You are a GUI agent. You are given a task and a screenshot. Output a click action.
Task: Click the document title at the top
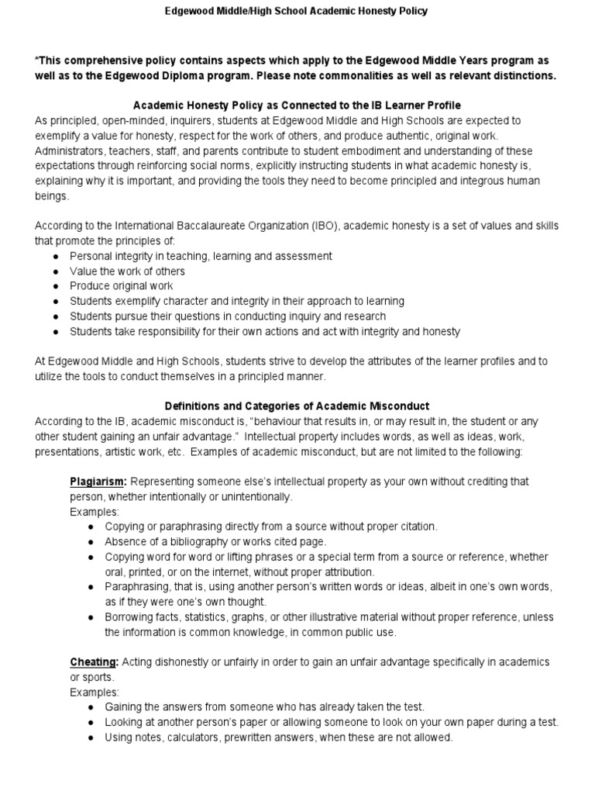click(x=297, y=12)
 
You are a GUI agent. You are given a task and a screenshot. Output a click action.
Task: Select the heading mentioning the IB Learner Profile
click(x=297, y=105)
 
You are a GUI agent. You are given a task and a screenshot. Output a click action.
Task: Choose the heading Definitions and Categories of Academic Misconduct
click(x=297, y=406)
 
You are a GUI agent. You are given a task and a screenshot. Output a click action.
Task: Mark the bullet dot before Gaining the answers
click(x=91, y=707)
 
